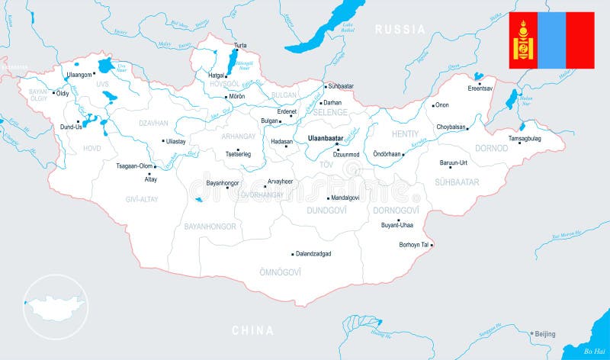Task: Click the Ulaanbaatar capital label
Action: tap(325, 138)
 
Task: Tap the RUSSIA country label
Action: tap(400, 29)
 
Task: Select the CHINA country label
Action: tap(252, 330)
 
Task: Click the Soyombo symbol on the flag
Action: tap(523, 40)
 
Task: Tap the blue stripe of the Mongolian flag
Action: tap(551, 40)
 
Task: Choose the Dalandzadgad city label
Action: tap(313, 253)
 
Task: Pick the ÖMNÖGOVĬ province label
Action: tap(280, 272)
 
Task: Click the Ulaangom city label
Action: tap(79, 75)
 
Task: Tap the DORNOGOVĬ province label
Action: tap(396, 210)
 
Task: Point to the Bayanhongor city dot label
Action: tap(207, 183)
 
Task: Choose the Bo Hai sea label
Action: tap(594, 351)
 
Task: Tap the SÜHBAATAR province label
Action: tap(457, 182)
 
